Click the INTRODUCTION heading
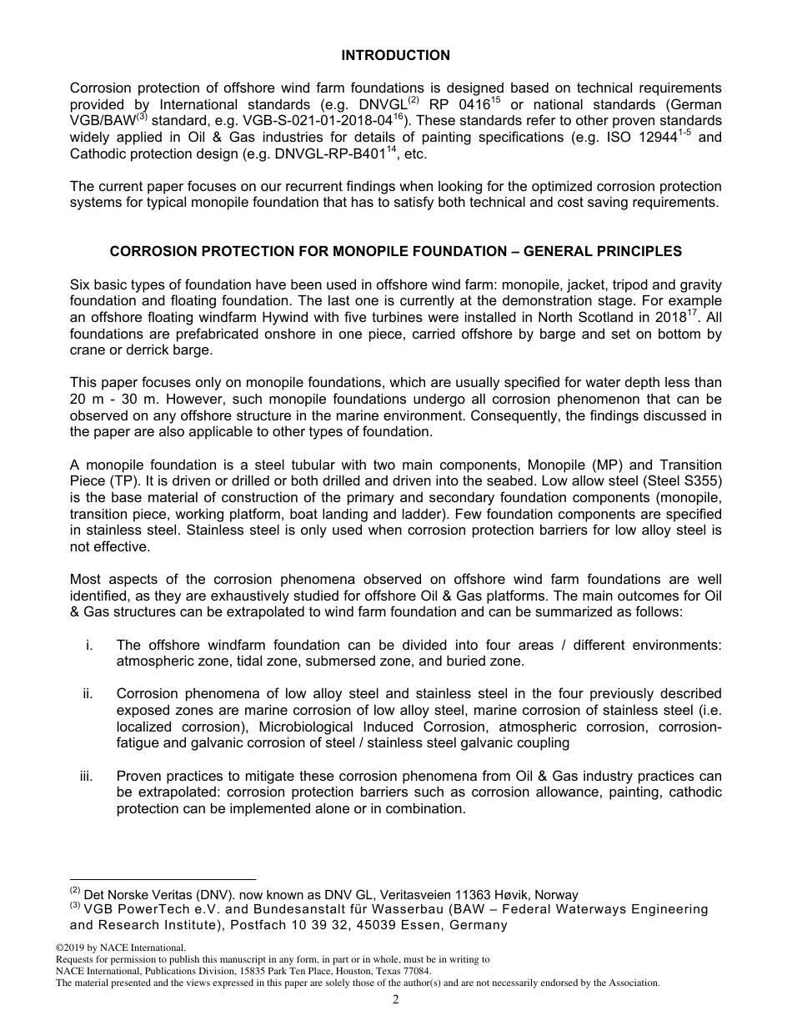(x=395, y=56)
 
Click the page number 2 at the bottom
(x=396, y=1000)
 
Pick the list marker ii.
(x=86, y=694)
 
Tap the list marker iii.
(x=85, y=776)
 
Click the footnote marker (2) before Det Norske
(x=75, y=892)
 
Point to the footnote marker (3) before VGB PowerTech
(x=75, y=907)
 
